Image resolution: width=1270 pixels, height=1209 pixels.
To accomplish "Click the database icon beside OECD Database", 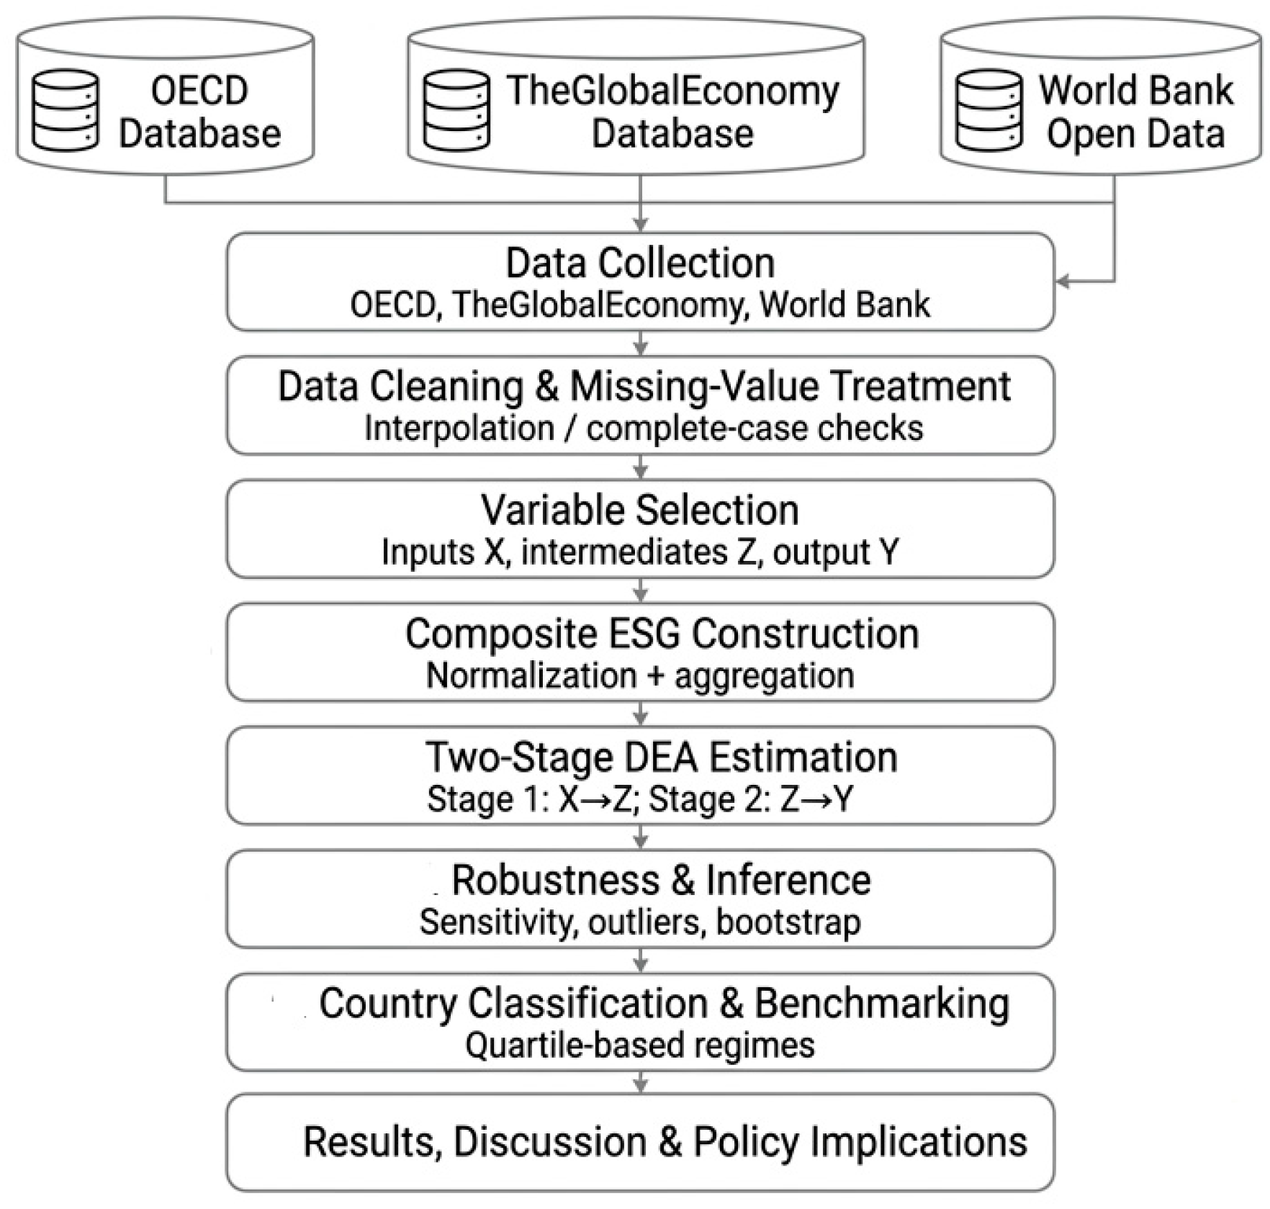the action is click(x=66, y=110).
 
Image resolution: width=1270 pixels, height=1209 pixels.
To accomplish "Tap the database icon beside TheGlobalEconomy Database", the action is click(x=456, y=110).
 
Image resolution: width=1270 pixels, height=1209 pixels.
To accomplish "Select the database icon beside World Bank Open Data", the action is click(x=988, y=110).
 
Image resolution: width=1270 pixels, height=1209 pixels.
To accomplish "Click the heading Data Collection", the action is click(x=640, y=264).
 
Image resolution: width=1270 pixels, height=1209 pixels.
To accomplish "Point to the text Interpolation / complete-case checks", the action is click(x=644, y=428).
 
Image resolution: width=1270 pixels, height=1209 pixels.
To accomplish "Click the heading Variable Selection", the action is click(x=640, y=511).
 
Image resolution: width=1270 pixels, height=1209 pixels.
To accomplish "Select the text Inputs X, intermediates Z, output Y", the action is click(x=640, y=552).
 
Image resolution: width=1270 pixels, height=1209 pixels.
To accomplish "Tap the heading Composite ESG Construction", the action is click(x=662, y=634).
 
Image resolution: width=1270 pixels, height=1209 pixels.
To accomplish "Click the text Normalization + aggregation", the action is click(x=640, y=675).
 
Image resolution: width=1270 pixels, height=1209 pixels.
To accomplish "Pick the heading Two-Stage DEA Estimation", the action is click(x=662, y=758).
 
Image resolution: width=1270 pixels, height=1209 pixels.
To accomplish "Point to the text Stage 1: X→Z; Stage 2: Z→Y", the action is click(x=640, y=799).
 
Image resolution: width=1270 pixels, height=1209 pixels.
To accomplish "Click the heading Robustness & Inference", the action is click(x=661, y=881).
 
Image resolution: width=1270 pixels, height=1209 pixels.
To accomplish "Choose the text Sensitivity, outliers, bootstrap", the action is click(x=640, y=922).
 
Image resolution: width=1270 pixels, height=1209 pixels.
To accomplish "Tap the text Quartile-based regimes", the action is click(x=640, y=1046).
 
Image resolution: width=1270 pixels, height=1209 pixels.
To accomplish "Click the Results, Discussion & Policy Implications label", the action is click(x=665, y=1142).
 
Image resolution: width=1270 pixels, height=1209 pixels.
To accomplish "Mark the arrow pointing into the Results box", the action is click(x=641, y=1082).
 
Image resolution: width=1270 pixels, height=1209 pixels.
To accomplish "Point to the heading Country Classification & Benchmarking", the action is click(x=664, y=1004).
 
